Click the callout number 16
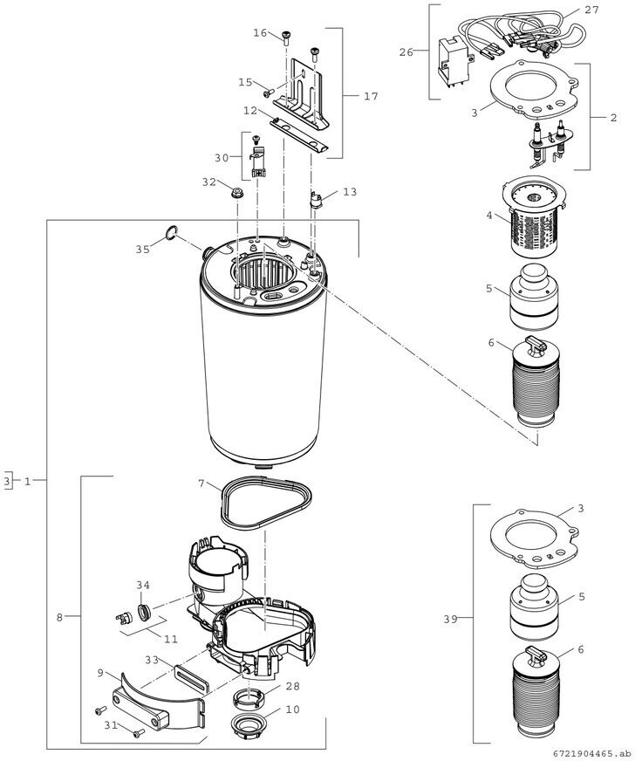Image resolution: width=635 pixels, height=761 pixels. (260, 32)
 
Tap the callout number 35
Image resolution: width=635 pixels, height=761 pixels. (143, 249)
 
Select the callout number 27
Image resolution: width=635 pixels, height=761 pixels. (592, 10)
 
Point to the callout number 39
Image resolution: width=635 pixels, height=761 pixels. (451, 619)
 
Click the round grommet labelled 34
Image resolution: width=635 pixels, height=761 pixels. (144, 613)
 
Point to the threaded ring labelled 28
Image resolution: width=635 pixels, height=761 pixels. (249, 698)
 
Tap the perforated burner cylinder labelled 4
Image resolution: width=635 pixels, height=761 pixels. (534, 218)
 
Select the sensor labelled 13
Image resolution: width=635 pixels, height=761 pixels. (315, 200)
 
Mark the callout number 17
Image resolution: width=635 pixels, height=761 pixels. (371, 97)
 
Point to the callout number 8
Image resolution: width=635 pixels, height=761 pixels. (59, 618)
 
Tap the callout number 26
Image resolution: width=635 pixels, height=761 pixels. (406, 52)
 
